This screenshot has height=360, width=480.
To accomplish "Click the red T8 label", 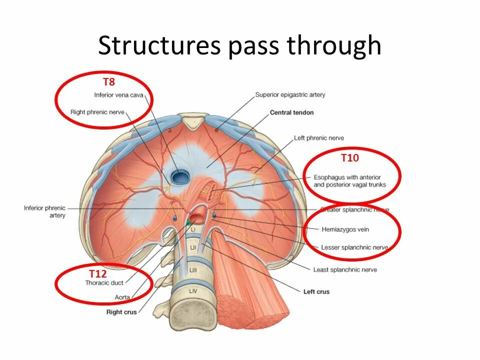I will pos(109,82).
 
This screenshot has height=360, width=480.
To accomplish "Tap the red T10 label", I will pos(350,158).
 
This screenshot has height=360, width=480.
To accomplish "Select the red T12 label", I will pos(98,273).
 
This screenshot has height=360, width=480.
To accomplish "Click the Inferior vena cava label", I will pos(118,95).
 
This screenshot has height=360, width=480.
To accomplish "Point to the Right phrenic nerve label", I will pos(97,112).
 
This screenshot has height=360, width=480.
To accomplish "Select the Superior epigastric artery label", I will pos(290,94).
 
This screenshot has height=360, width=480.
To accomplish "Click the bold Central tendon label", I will pos(292,112).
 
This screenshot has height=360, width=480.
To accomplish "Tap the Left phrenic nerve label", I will pos(319,138).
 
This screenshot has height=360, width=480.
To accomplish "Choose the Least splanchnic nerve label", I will pos(345,270).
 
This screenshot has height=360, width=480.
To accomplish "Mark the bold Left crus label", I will pos(316,291).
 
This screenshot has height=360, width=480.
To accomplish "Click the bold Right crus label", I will pos(121,312).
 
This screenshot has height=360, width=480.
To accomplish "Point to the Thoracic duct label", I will pos(104,282).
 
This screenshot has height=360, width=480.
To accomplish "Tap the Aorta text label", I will pos(122,297).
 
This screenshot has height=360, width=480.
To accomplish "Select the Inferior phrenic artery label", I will pos(44,211).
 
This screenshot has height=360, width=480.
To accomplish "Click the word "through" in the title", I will pos(334,46).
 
